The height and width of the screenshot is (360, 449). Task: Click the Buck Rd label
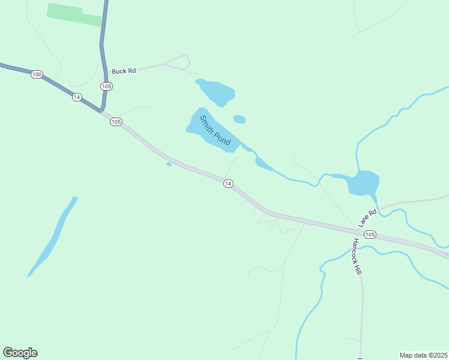(124, 71)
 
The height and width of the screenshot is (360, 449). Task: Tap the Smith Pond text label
(215, 130)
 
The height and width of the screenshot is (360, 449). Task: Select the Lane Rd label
(367, 217)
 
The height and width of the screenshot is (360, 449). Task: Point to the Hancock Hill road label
(358, 257)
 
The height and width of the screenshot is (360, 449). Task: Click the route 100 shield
(37, 74)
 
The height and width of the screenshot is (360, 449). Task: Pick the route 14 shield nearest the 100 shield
(76, 97)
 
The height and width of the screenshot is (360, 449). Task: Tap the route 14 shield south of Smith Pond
(228, 183)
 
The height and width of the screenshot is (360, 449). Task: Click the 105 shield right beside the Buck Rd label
(106, 86)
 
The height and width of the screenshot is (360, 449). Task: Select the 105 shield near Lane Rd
(370, 234)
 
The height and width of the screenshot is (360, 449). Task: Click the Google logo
(20, 353)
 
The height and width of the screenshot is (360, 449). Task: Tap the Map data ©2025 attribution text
(423, 355)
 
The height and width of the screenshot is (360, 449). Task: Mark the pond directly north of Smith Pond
(215, 92)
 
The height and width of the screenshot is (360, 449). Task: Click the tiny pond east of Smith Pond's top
(240, 119)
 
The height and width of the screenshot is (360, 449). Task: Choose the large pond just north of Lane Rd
(364, 182)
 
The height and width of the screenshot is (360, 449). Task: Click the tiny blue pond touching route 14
(169, 164)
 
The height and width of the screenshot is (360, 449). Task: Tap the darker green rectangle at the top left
(74, 14)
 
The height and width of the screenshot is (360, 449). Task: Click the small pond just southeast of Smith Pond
(263, 164)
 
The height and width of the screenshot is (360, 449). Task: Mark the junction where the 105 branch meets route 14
(101, 111)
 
